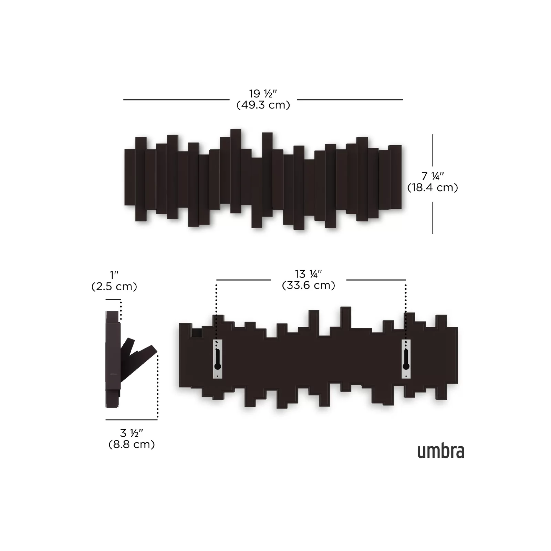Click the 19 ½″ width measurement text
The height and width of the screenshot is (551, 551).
(263, 94)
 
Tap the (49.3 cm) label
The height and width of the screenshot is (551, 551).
(263, 105)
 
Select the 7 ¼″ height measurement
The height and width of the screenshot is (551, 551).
(433, 176)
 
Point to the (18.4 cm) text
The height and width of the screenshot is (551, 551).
(433, 188)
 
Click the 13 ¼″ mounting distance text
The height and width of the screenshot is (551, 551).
(308, 274)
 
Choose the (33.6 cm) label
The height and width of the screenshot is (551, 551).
(309, 285)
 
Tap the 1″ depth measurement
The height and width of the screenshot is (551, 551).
(114, 275)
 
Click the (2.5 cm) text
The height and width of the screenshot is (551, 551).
(114, 287)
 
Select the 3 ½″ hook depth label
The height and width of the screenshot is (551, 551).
(132, 433)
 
